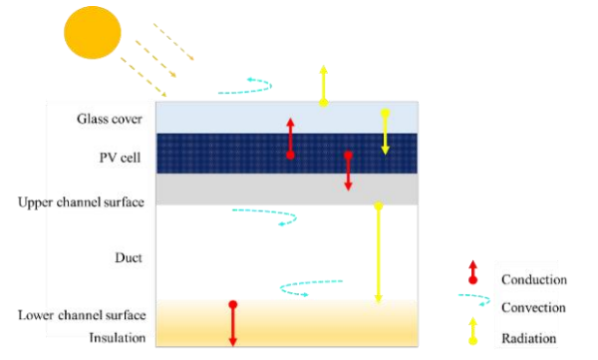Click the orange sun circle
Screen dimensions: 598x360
pyautogui.click(x=93, y=33)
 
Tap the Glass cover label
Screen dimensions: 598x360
pyautogui.click(x=110, y=119)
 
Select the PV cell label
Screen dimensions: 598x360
pyautogui.click(x=120, y=158)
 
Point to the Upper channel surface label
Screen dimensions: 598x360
pyautogui.click(x=81, y=202)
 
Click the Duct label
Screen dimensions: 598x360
pyautogui.click(x=129, y=257)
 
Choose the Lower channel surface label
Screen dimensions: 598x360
pyautogui.click(x=82, y=315)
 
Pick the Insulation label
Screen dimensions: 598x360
pyautogui.click(x=117, y=338)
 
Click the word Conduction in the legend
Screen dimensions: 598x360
pyautogui.click(x=534, y=279)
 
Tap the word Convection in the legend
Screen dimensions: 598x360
pyautogui.click(x=533, y=307)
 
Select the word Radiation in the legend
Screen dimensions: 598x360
pyautogui.click(x=528, y=338)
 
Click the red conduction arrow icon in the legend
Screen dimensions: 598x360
pyautogui.click(x=472, y=272)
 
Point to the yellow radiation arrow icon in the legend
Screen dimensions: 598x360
pyautogui.click(x=472, y=331)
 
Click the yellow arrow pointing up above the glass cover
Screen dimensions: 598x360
pyautogui.click(x=323, y=86)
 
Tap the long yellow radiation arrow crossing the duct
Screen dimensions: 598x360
pyautogui.click(x=379, y=252)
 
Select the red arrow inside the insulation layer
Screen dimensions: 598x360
pyautogui.click(x=233, y=324)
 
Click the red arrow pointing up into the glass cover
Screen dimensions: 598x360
pyautogui.click(x=291, y=139)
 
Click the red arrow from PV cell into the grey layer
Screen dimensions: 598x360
pyautogui.click(x=348, y=172)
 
